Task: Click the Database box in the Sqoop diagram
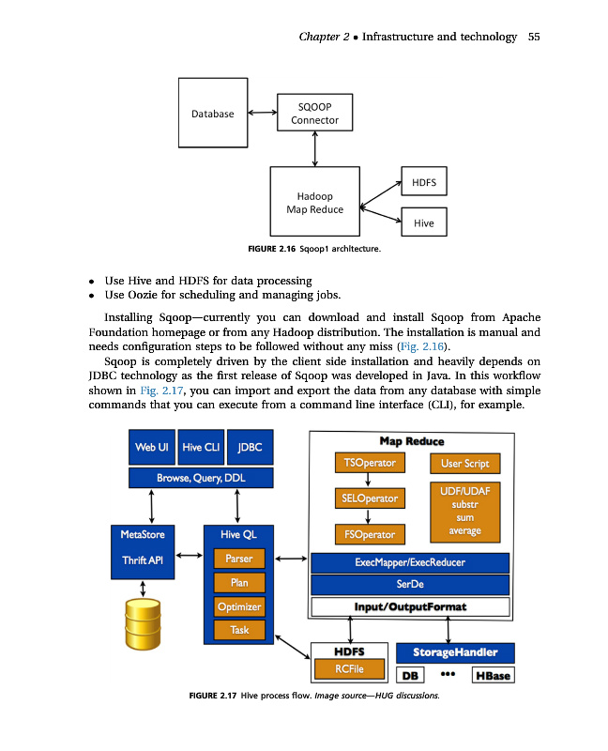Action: pos(213,114)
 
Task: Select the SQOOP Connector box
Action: pos(314,113)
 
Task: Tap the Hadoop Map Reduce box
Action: pos(314,202)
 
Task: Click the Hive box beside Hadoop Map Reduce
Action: pos(423,222)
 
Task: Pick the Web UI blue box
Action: pos(151,448)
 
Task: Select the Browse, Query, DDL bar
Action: pos(201,479)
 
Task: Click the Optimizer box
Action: pos(239,606)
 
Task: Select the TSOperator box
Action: pos(370,464)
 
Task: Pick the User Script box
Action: pos(464,464)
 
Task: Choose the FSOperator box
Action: pos(370,535)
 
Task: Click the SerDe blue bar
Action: pos(409,584)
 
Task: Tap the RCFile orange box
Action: pos(349,668)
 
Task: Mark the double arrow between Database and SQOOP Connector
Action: pos(261,113)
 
